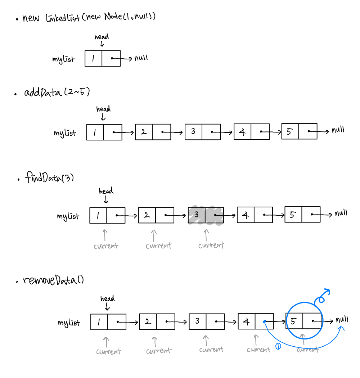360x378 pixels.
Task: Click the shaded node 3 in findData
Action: (x=206, y=215)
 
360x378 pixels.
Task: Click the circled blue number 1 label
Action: (x=278, y=346)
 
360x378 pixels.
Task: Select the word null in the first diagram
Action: (x=141, y=58)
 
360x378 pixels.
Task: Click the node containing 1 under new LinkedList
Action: (x=102, y=58)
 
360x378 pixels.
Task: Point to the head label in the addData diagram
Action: (x=103, y=109)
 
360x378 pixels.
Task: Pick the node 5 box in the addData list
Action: (x=299, y=131)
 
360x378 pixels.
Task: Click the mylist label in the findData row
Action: (x=68, y=216)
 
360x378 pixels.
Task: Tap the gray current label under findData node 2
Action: (x=158, y=246)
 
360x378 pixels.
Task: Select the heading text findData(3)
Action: (x=50, y=178)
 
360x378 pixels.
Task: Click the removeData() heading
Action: (x=53, y=280)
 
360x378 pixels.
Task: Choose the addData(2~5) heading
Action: (x=57, y=93)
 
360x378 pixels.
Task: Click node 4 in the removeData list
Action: (x=256, y=321)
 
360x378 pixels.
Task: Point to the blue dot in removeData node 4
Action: (x=265, y=321)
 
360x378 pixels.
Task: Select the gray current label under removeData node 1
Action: (x=108, y=351)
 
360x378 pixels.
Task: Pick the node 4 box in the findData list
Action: (x=255, y=215)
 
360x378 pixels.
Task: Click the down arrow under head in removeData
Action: (x=107, y=307)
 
